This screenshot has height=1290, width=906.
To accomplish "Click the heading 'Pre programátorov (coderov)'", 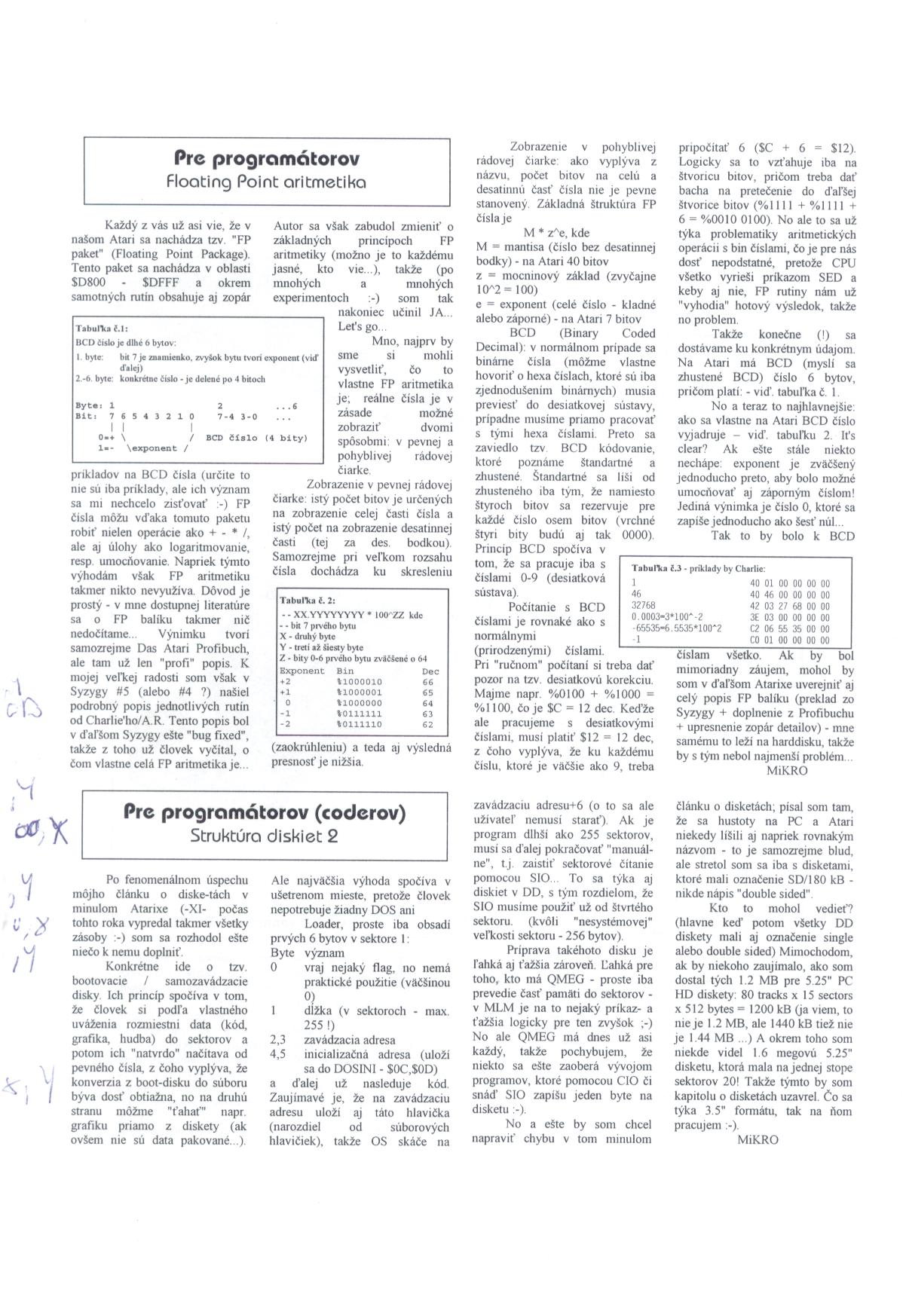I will click(265, 812).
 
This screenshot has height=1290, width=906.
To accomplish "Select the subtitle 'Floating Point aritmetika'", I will click(266, 182).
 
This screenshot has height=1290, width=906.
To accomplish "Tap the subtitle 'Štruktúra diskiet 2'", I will click(265, 836).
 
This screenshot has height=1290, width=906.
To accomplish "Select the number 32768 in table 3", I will click(644, 605).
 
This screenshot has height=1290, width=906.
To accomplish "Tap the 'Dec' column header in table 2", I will click(430, 671).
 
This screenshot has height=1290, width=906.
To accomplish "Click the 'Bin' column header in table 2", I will click(345, 671).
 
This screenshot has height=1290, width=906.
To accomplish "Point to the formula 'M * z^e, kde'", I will click(556, 232).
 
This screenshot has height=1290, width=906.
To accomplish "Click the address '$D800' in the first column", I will click(91, 283).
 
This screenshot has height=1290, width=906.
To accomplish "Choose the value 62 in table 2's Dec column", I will click(428, 724).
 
